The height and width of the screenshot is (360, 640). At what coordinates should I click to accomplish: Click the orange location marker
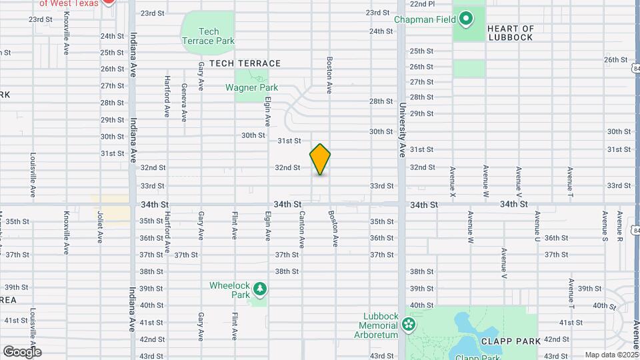321,159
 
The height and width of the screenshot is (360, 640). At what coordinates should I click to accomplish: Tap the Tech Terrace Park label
208,36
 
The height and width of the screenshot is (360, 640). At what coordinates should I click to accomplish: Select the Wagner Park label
251,87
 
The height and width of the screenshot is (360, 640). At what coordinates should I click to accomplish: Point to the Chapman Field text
425,19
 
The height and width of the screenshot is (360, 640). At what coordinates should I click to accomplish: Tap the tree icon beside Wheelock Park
259,290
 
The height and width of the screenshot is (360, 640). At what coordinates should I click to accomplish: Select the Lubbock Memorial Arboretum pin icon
408,326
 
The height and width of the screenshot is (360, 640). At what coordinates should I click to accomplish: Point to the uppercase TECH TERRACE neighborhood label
245,63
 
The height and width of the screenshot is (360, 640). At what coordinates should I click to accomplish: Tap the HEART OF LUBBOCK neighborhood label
511,33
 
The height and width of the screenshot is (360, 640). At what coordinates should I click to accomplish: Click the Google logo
22,351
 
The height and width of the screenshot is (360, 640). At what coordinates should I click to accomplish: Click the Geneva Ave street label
183,103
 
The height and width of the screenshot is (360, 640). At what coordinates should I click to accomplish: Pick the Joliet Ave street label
100,226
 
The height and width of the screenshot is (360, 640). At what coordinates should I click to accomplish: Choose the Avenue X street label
453,181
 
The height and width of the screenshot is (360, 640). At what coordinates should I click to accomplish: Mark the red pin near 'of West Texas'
109,2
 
